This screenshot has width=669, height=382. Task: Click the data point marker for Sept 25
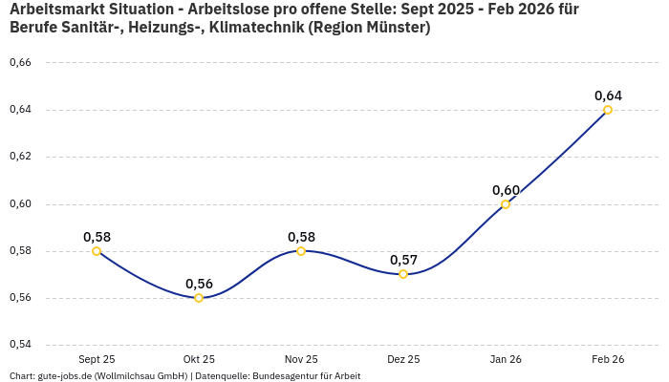pyautogui.click(x=97, y=251)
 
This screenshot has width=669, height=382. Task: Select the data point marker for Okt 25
pyautogui.click(x=199, y=298)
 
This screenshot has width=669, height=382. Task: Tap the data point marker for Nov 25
pyautogui.click(x=301, y=251)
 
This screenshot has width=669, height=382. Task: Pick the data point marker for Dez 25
pyautogui.click(x=403, y=274)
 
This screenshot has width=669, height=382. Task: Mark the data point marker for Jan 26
pyautogui.click(x=506, y=204)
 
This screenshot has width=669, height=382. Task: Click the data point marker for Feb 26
pyautogui.click(x=608, y=110)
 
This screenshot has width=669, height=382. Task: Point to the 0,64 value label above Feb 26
pyautogui.click(x=608, y=95)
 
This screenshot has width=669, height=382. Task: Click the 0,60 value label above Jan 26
pyautogui.click(x=506, y=190)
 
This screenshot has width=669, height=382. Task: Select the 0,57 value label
pyautogui.click(x=403, y=260)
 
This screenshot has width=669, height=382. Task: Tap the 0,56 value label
pyautogui.click(x=199, y=284)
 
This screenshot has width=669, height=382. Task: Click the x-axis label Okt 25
pyautogui.click(x=199, y=359)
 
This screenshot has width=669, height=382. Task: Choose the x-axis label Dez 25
pyautogui.click(x=403, y=359)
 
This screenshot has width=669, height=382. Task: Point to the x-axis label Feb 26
pyautogui.click(x=608, y=359)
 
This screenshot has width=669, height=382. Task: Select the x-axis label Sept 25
pyautogui.click(x=97, y=359)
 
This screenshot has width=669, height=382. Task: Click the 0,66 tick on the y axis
pyautogui.click(x=20, y=63)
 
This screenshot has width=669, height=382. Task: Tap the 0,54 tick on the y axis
pyautogui.click(x=20, y=344)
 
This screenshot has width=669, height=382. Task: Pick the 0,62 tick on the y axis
pyautogui.click(x=20, y=157)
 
